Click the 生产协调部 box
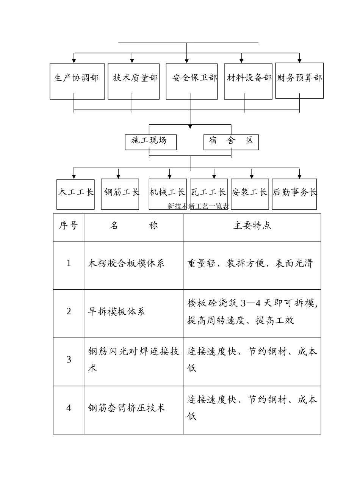point(77,82)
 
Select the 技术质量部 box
point(133,82)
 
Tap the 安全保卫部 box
point(192,82)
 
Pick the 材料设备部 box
point(248,82)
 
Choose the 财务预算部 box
point(299,81)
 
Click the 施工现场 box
point(150,142)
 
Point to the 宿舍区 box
point(231,142)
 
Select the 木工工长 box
point(75,194)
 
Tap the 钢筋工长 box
point(120,194)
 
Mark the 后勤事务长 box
point(294,194)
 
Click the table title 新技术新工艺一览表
point(198,206)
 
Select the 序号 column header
point(68,226)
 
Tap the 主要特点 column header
point(252,226)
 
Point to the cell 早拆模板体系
point(116,312)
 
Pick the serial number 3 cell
point(69,360)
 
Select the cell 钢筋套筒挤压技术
point(127,408)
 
